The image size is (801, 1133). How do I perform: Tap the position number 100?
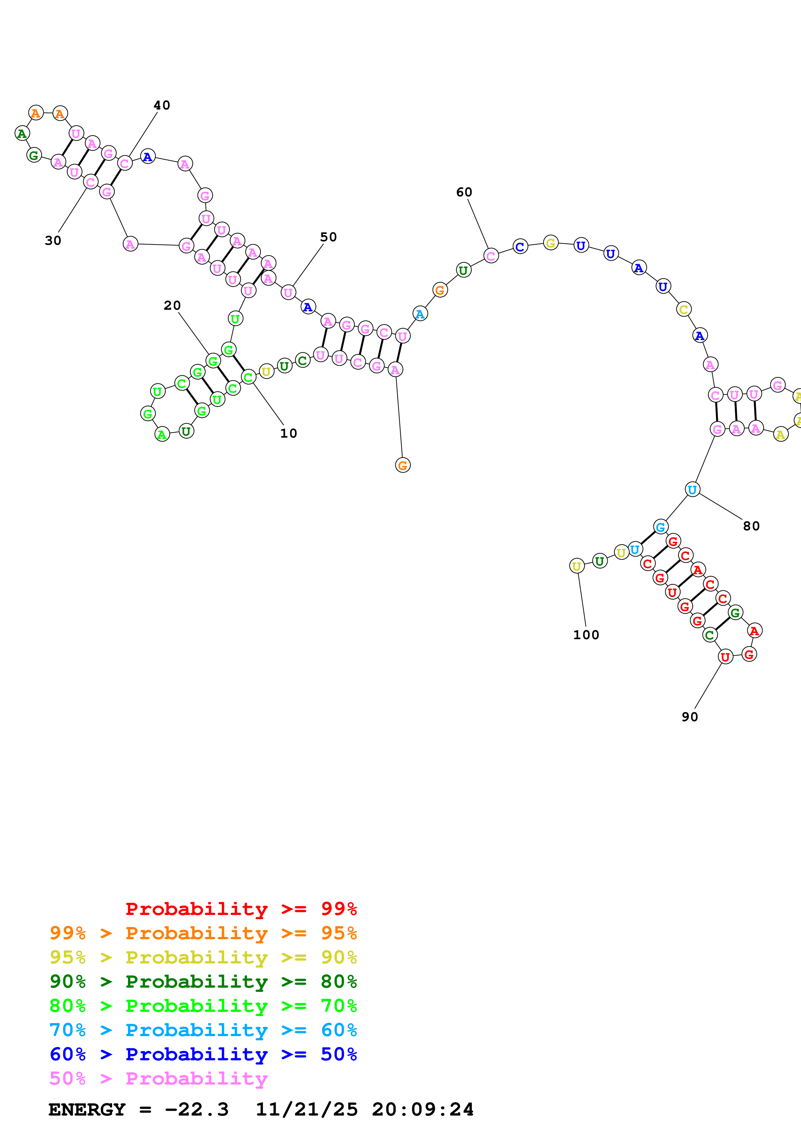tap(586, 635)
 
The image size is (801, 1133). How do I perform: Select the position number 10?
tap(289, 433)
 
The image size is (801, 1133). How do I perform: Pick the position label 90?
tap(690, 717)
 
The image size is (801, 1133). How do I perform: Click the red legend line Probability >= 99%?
tap(241, 909)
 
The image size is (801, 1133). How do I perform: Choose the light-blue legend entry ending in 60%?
tap(203, 1030)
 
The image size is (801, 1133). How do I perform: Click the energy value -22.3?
tap(196, 1109)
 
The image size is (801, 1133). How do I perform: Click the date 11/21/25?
tap(307, 1109)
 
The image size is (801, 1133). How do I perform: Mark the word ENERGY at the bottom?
tap(87, 1109)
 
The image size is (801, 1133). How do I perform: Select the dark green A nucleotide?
tap(22, 133)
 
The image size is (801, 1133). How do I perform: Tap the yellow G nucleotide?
tap(551, 243)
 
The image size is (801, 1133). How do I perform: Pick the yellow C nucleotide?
tap(683, 309)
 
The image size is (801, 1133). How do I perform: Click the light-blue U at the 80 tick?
tap(692, 490)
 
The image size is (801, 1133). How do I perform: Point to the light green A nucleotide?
tap(162, 434)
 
